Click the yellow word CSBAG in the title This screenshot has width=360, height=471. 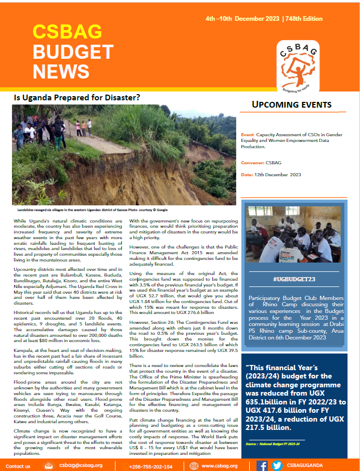pos(67,32)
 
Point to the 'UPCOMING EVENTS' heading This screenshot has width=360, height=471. pos(291,104)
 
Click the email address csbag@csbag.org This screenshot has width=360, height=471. pos(81,466)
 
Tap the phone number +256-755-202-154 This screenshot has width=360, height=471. pos(150,466)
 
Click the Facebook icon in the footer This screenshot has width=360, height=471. pos(263,466)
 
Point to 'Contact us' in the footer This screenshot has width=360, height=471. pos(18,466)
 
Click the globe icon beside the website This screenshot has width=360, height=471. pos(190,466)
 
